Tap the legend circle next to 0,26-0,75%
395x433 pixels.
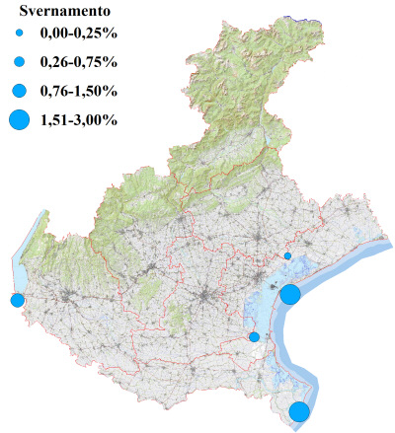click(19, 61)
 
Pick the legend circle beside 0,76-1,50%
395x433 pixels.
click(19, 91)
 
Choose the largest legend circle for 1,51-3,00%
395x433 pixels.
click(19, 120)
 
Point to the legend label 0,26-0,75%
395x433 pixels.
click(79, 61)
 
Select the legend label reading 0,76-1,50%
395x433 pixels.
click(79, 91)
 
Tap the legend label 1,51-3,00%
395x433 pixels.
click(79, 120)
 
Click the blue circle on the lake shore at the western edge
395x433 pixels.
click(17, 300)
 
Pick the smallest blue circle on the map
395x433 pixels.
click(287, 256)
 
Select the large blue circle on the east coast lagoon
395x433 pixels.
click(290, 294)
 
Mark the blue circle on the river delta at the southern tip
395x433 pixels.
click(299, 412)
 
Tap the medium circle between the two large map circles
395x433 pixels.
click(255, 337)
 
